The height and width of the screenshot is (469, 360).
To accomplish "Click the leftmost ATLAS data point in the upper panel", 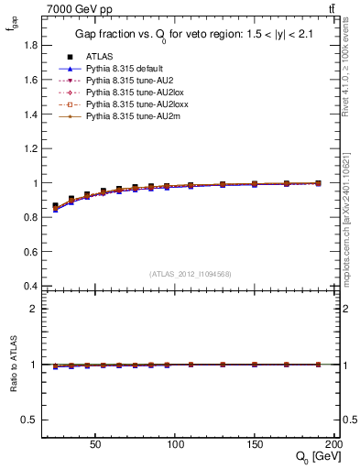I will (x=55, y=206).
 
